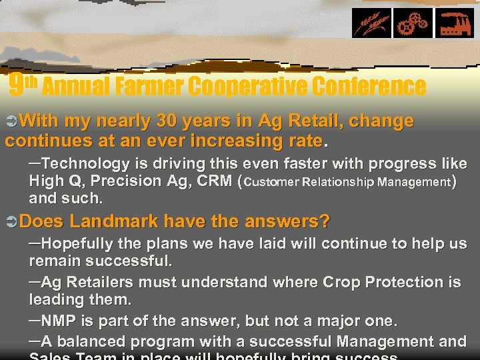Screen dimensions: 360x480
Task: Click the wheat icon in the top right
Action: click(372, 23)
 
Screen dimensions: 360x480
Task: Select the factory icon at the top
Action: click(455, 23)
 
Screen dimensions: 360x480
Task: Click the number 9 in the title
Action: click(17, 84)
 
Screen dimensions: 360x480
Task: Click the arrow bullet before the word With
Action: click(11, 121)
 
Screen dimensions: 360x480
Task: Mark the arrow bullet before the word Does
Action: click(11, 221)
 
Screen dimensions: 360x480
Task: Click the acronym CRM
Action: click(213, 181)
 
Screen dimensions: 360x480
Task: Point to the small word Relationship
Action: click(331, 182)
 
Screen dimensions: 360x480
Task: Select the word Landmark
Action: click(113, 221)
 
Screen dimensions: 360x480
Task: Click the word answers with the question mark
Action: click(293, 221)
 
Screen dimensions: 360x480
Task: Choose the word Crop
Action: click(341, 283)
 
